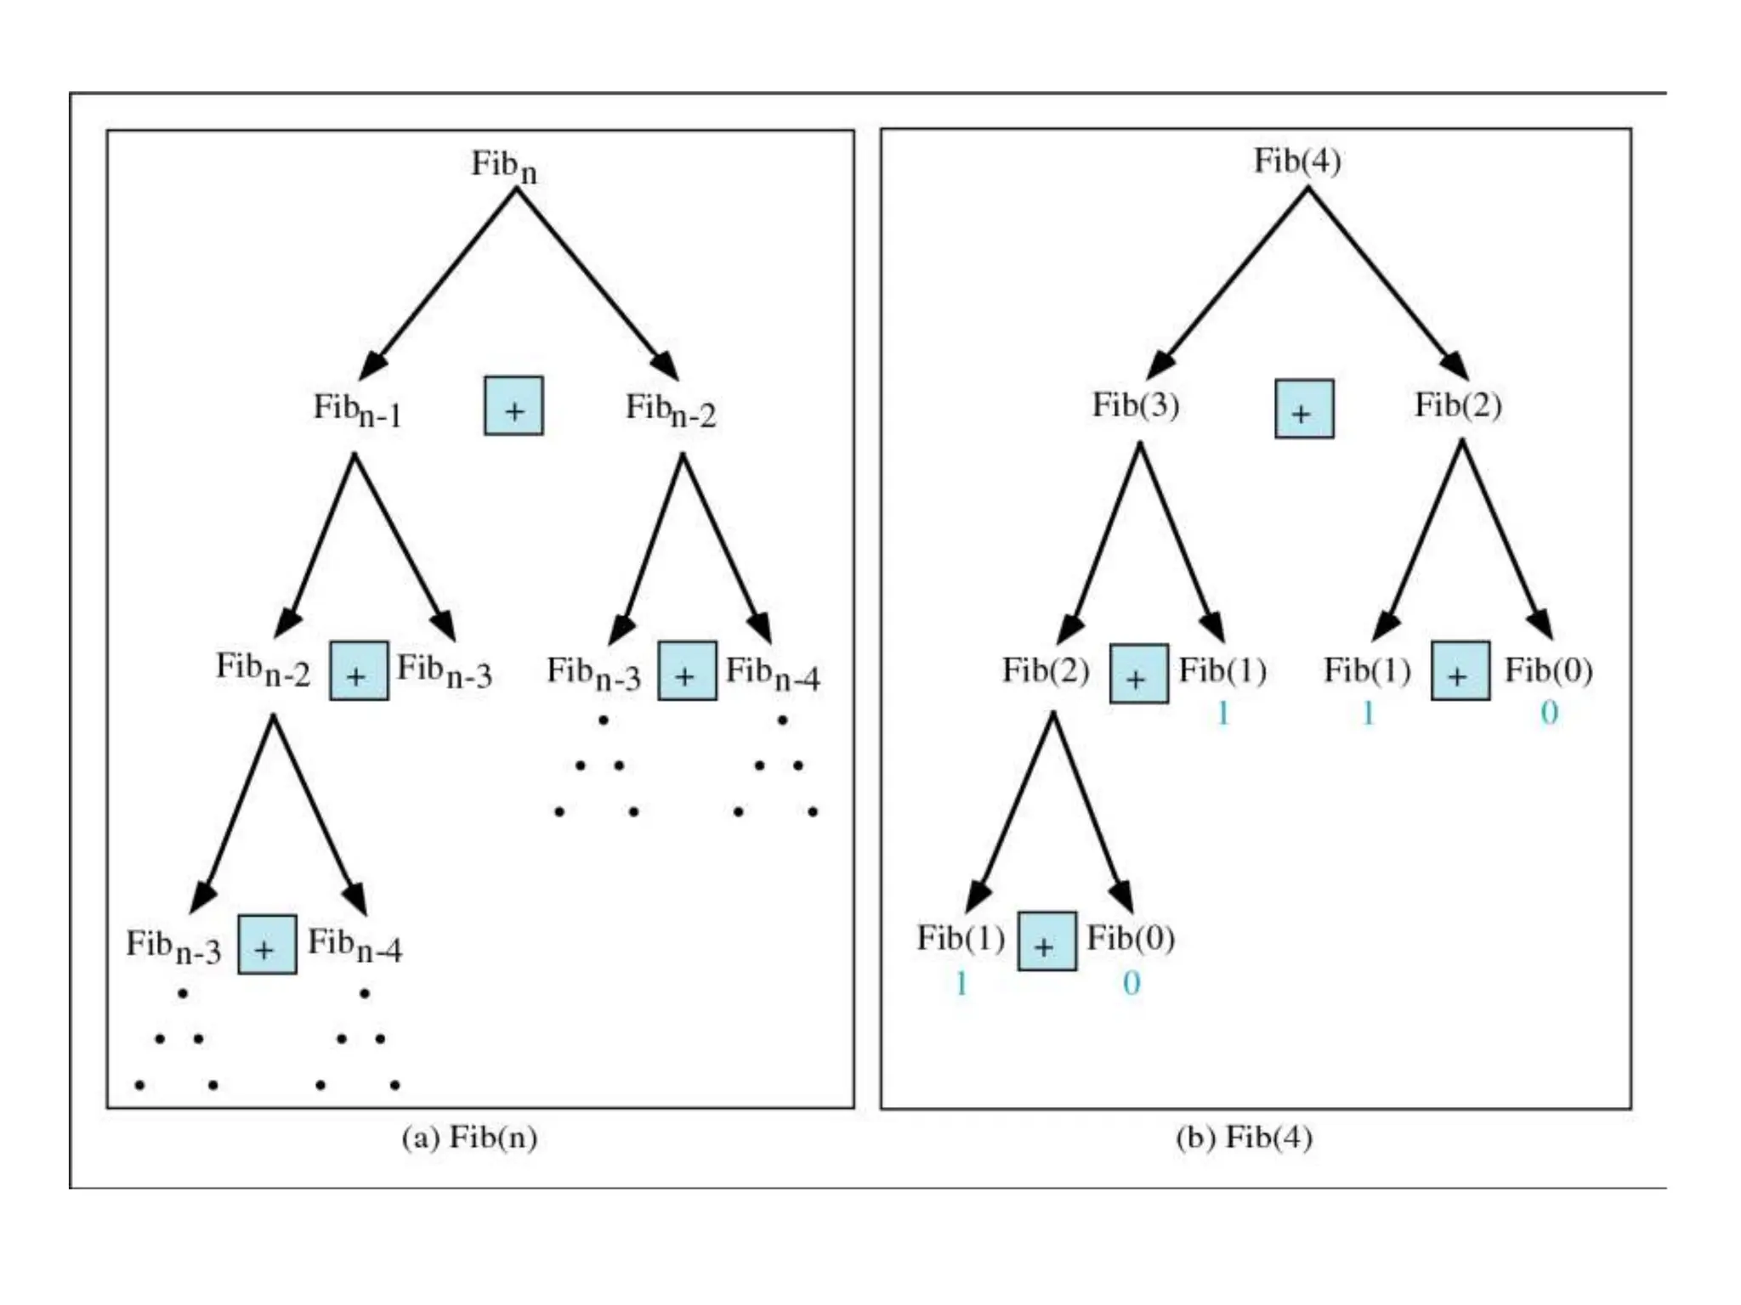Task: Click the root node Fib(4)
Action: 1297,161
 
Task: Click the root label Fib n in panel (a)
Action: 503,165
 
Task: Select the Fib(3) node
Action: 1135,404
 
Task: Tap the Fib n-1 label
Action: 357,410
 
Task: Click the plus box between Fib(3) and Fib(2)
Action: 1303,409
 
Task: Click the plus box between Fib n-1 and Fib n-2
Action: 513,406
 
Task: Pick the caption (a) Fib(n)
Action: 469,1137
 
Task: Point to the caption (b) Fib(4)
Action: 1244,1137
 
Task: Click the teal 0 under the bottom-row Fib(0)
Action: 1131,983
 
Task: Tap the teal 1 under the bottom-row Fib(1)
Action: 961,983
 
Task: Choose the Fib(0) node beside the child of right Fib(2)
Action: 1548,670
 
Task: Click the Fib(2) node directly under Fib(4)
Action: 1457,404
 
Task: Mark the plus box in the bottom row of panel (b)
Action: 1046,941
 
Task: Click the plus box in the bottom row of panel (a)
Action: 267,945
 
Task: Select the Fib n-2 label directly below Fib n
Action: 671,410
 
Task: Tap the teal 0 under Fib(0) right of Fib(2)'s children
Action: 1549,712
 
